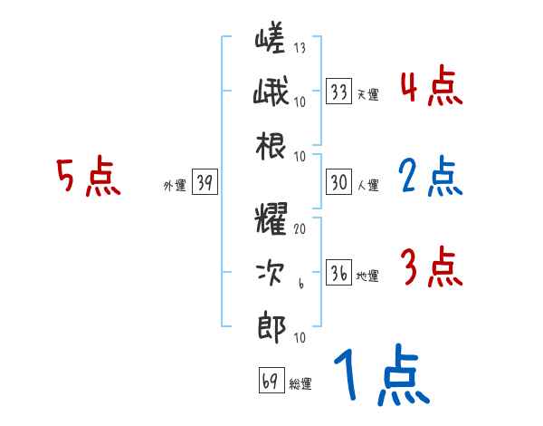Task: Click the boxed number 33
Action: [x=339, y=92]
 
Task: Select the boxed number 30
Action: [x=339, y=182]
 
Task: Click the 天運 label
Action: [x=367, y=94]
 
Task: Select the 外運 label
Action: [x=174, y=185]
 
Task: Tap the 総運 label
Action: [x=300, y=383]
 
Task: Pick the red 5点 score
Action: [x=89, y=177]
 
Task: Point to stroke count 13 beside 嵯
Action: [x=300, y=48]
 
